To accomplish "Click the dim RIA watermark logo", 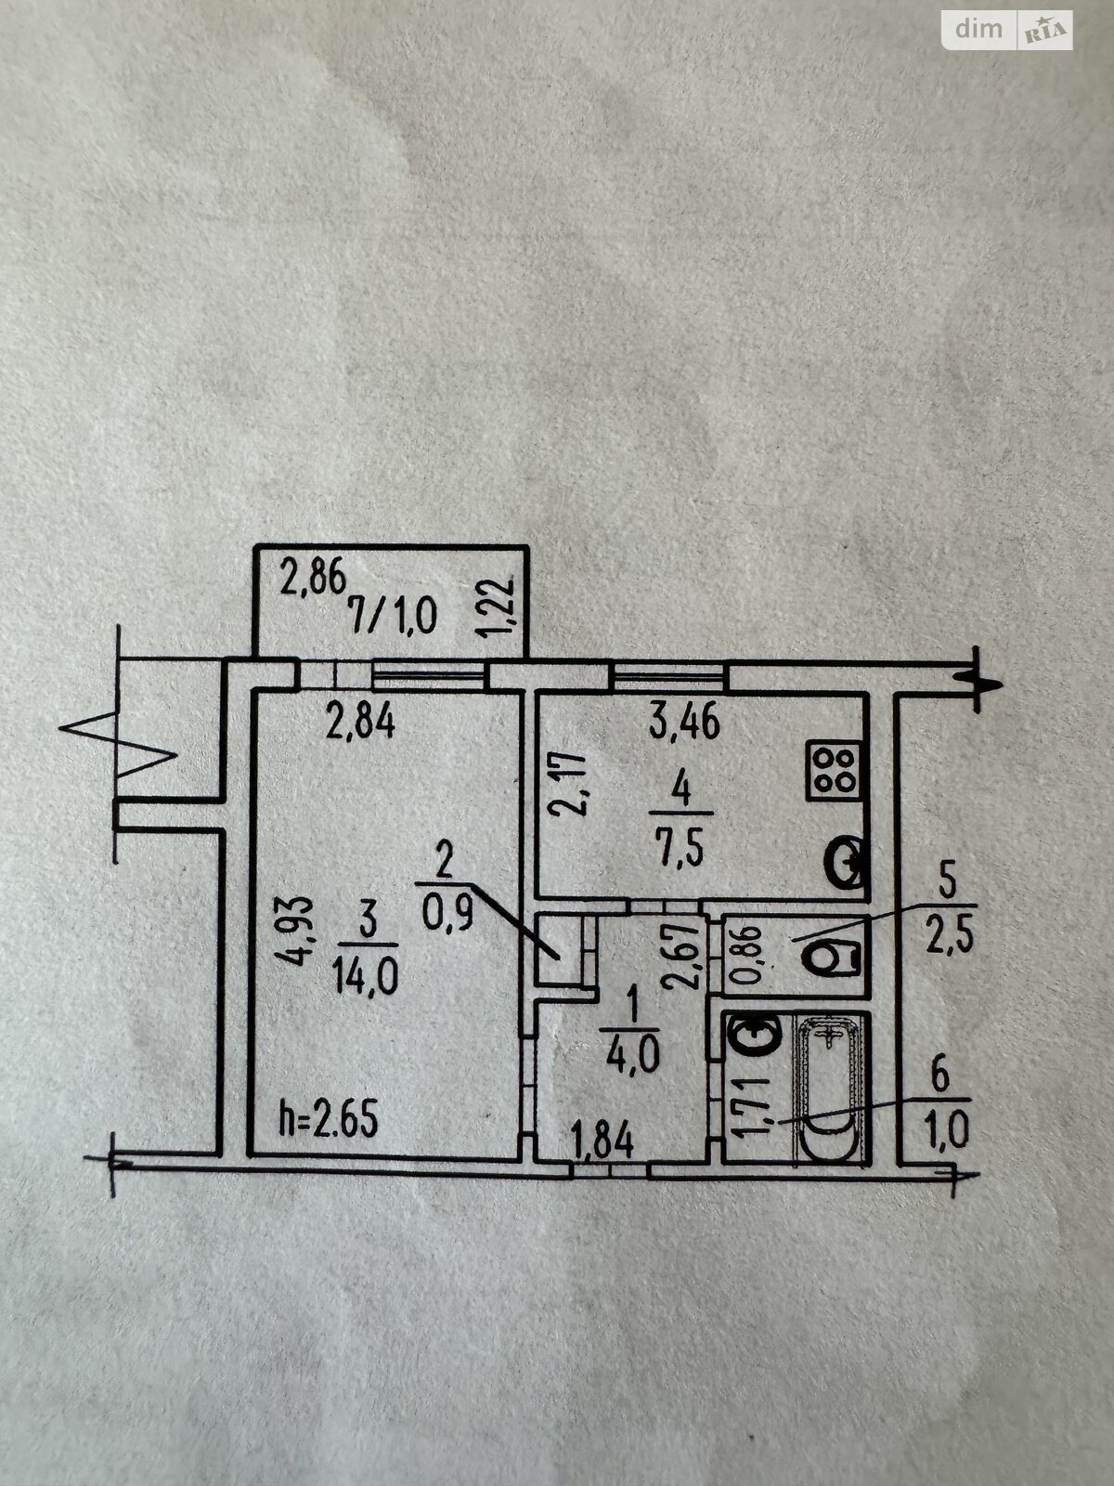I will click(x=1008, y=31).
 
